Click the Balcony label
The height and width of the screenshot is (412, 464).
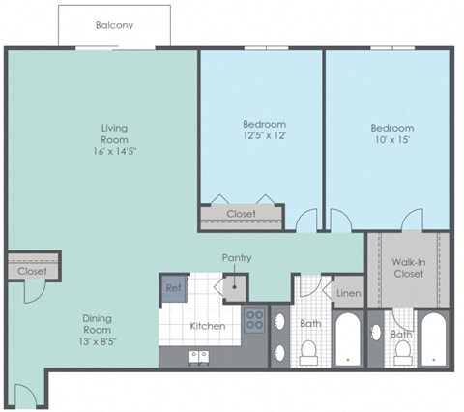coord(114,26)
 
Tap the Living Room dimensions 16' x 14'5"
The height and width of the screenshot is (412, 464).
coord(115,152)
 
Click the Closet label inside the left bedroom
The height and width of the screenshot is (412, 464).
coord(241,214)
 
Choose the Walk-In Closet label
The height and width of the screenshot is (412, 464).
coord(410,268)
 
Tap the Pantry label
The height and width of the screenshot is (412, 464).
coord(237,258)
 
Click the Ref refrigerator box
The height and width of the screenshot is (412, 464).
coord(173,287)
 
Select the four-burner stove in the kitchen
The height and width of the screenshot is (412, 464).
coord(255,319)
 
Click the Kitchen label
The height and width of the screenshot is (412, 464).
coord(207,326)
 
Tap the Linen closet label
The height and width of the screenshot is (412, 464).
coord(347,293)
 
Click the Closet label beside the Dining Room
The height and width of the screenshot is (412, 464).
coord(31,272)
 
